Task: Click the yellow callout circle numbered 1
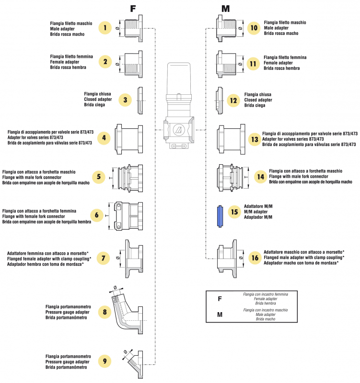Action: (105, 28)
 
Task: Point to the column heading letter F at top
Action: (133, 9)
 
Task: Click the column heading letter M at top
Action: (226, 9)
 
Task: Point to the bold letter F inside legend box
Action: (220, 299)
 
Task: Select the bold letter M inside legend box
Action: (220, 315)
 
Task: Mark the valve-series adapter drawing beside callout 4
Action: (129, 139)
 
